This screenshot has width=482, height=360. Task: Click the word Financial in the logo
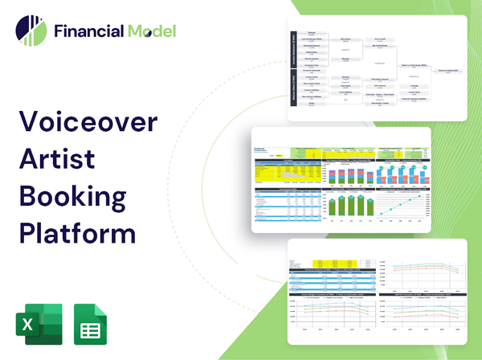[88, 31]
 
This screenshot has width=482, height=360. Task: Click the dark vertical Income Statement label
[292, 51]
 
